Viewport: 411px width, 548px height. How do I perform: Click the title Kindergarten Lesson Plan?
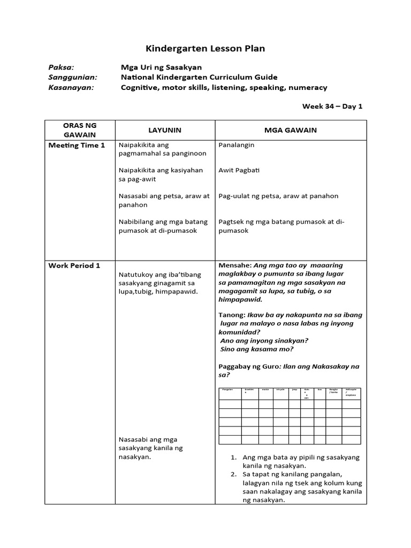(205, 49)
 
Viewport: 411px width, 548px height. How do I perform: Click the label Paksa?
(61, 67)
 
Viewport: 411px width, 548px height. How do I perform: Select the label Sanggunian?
(71, 78)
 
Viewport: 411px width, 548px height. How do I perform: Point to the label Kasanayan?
(71, 87)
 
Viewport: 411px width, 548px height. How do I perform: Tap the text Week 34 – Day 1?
(332, 106)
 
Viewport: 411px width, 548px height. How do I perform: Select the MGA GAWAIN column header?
(291, 130)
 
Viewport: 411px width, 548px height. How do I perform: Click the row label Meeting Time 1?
(77, 145)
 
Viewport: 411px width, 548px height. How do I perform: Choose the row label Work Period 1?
(74, 265)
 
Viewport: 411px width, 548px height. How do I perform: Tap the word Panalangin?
(237, 145)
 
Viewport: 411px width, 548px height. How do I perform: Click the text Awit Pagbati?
(239, 170)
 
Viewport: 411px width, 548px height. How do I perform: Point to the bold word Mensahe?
(235, 265)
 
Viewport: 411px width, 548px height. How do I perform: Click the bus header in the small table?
(319, 390)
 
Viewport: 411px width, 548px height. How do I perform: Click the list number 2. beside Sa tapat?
(233, 475)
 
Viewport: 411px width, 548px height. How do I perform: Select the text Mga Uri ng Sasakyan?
(161, 67)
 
